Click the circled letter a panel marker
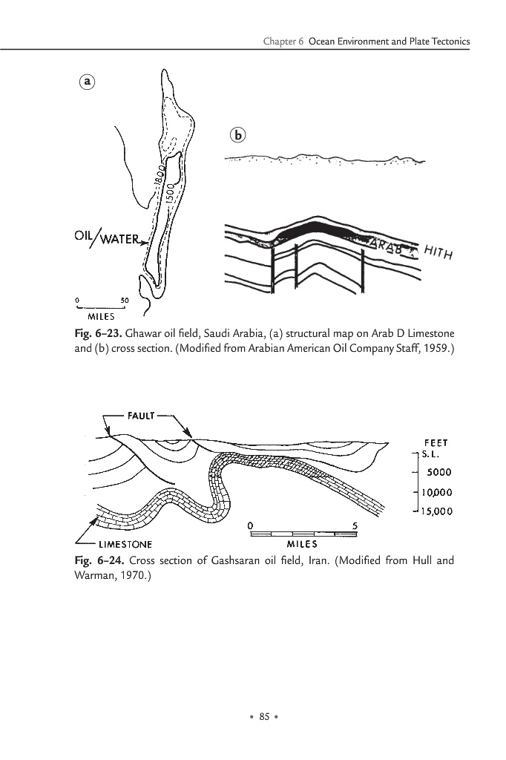pyautogui.click(x=88, y=82)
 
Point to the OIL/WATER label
pyautogui.click(x=107, y=238)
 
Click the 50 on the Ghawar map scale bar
pyautogui.click(x=124, y=299)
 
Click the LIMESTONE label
pyautogui.click(x=125, y=544)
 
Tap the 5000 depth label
pyautogui.click(x=438, y=472)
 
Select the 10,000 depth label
pyautogui.click(x=437, y=491)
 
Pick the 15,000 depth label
pyautogui.click(x=437, y=511)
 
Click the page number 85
pyautogui.click(x=263, y=716)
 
